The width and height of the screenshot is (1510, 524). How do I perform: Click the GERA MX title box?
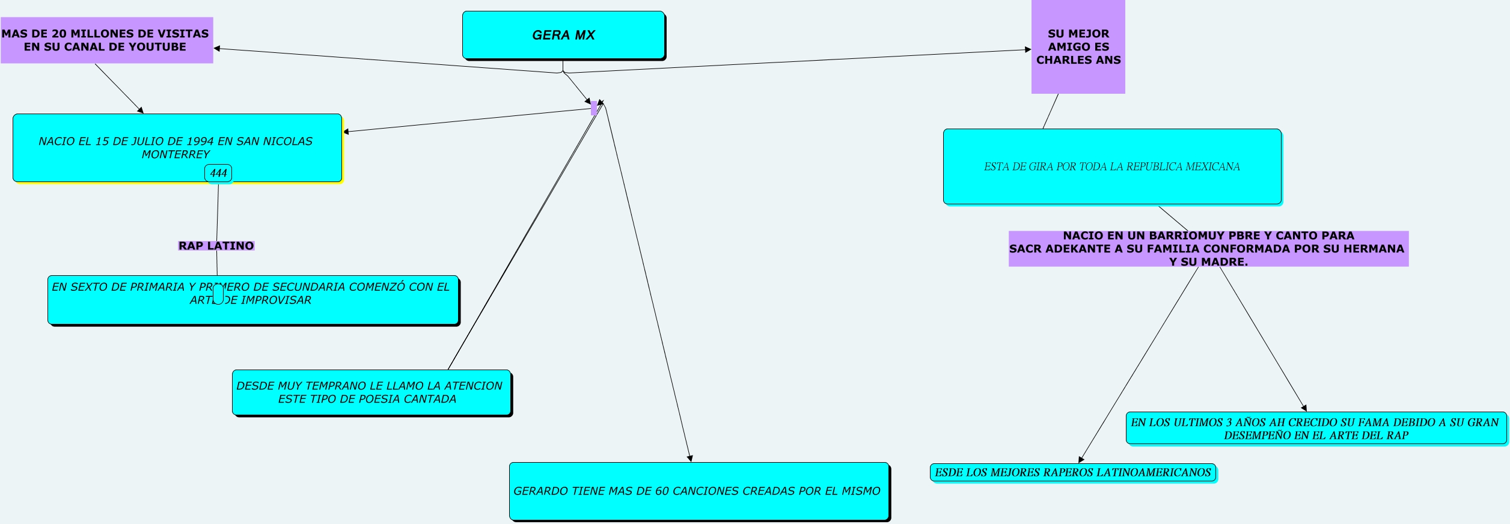tap(563, 35)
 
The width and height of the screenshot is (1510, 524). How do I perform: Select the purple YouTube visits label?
tap(106, 40)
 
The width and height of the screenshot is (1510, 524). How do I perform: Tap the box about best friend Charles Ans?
tap(1078, 47)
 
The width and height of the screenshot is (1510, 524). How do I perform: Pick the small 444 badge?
tap(218, 173)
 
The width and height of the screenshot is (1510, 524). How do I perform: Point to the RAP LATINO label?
tap(216, 246)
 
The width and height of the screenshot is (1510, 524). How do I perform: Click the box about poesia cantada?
tap(371, 392)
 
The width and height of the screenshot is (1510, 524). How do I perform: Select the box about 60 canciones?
tap(698, 491)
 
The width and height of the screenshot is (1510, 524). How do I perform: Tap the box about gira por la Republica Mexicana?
tap(1111, 166)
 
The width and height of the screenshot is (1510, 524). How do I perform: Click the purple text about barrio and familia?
tap(1208, 249)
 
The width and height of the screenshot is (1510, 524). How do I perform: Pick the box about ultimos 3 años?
tap(1315, 428)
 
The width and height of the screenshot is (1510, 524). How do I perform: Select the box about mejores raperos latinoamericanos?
tap(1072, 472)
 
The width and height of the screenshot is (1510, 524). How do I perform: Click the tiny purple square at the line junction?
tap(594, 108)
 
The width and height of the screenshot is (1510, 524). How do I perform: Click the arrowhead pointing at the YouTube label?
tap(217, 49)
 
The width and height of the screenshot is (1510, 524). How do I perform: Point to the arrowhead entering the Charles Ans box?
tap(1028, 50)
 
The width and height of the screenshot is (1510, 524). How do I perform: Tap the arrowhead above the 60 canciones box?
tap(690, 458)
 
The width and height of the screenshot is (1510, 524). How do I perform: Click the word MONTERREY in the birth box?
tap(176, 154)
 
